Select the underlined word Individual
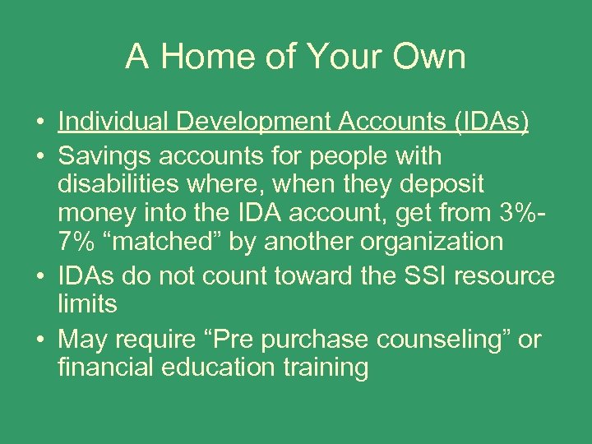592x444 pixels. pos(112,122)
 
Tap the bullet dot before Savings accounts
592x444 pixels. pos(40,156)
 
